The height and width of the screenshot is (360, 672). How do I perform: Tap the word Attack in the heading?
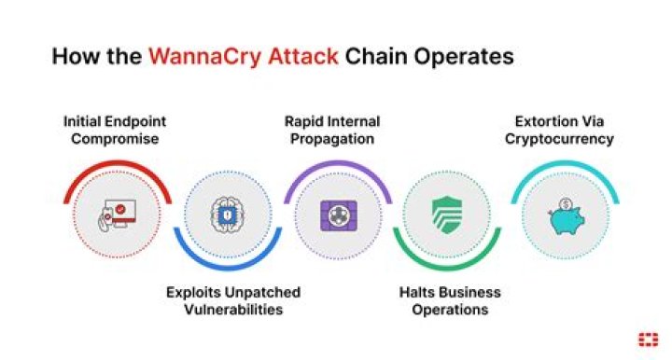click(x=303, y=57)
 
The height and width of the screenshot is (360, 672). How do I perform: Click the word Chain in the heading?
click(x=375, y=57)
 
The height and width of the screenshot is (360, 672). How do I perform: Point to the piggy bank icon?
click(x=566, y=216)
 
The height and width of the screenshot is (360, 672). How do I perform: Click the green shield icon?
click(x=446, y=215)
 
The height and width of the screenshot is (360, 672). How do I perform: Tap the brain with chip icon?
click(x=227, y=215)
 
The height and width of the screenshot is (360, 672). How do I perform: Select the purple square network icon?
click(x=339, y=215)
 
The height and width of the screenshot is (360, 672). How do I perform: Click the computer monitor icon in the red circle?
click(x=117, y=215)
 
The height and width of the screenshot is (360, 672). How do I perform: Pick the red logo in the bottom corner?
click(x=648, y=339)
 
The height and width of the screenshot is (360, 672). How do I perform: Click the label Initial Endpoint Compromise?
click(x=115, y=131)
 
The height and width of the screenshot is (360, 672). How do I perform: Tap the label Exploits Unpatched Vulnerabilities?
click(x=233, y=301)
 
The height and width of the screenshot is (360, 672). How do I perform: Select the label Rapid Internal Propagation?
click(x=332, y=131)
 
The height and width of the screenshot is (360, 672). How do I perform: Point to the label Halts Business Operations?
click(x=450, y=301)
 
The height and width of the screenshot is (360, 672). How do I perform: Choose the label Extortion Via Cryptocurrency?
click(x=559, y=131)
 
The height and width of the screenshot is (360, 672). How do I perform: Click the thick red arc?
click(x=117, y=163)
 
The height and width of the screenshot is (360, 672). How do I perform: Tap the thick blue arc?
click(x=228, y=268)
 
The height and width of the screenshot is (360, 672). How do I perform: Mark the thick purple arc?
click(x=338, y=163)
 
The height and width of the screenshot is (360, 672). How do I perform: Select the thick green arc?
click(x=447, y=268)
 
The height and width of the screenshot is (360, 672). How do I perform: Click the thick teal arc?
click(x=566, y=163)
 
